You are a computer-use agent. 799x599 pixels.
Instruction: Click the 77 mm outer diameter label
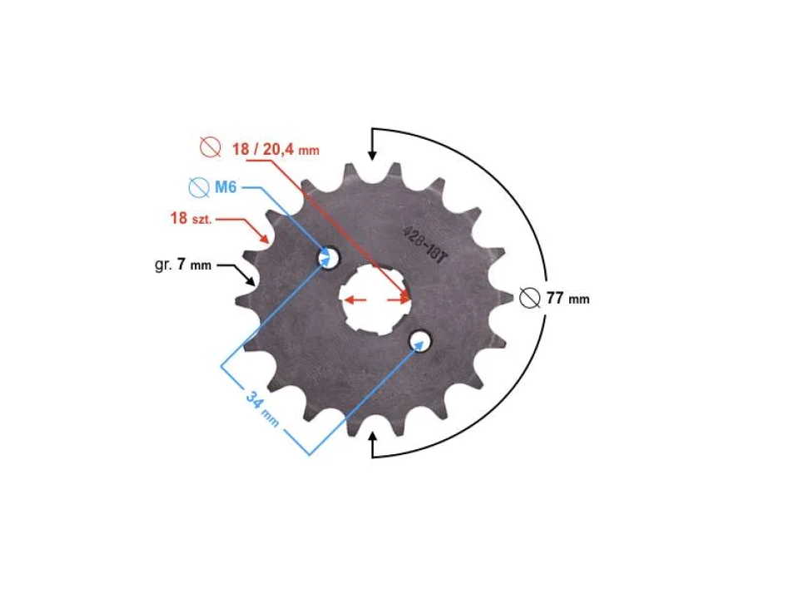[x=568, y=298]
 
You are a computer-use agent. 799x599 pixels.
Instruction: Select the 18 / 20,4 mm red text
[x=275, y=150]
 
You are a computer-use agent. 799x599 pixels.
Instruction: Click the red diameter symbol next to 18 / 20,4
[x=211, y=148]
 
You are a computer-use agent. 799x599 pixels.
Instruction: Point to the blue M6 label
[x=226, y=187]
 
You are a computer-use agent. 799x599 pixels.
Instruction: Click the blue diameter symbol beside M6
[x=198, y=187]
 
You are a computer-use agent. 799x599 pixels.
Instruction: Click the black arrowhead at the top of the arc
[x=372, y=152]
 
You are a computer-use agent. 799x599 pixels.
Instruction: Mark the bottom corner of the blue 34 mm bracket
[x=309, y=455]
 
